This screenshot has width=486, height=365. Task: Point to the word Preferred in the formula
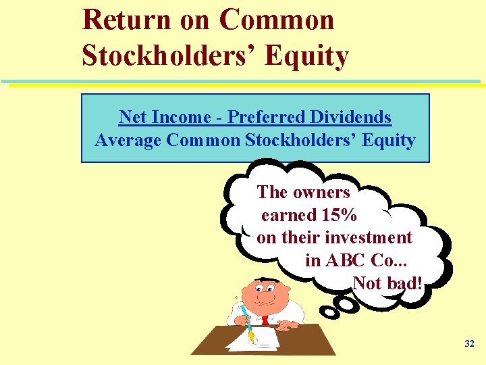266,117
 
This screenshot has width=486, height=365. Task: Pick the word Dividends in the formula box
350,117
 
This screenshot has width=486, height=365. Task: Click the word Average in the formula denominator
128,141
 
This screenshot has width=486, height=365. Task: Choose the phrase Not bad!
387,283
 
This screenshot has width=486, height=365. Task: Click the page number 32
470,344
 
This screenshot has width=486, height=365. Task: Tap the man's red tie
265,319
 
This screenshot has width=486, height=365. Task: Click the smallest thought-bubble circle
330,312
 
